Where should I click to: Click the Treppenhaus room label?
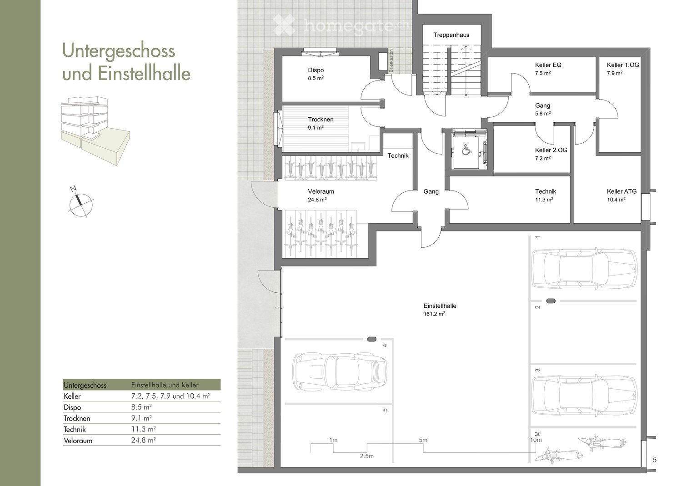451,35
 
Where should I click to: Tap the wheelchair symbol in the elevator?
466,150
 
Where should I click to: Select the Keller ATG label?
622,191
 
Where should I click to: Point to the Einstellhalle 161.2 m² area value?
434,314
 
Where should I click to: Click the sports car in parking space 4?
340,372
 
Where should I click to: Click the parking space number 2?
538,307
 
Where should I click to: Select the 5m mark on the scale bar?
423,440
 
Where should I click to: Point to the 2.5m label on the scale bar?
366,456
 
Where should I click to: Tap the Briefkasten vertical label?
391,60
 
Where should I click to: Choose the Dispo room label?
316,70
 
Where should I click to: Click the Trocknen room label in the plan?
321,120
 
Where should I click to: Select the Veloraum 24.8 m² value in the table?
143,440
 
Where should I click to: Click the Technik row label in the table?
75,429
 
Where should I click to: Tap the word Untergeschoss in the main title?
119,50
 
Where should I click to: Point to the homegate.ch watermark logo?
341,25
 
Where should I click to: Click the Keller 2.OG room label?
551,150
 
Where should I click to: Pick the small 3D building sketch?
95,131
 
